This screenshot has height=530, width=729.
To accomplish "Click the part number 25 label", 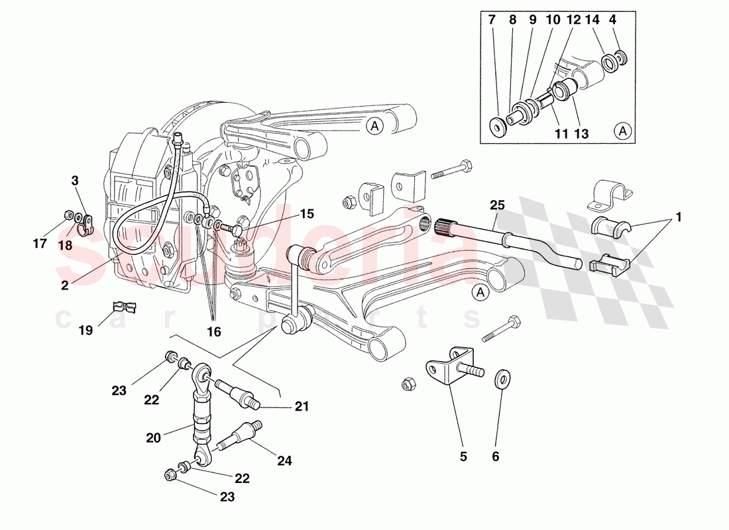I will click(497, 205).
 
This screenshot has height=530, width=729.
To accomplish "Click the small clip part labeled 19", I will click(124, 307).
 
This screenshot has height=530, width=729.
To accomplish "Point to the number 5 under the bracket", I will click(463, 456).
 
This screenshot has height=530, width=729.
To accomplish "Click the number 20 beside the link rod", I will click(153, 438).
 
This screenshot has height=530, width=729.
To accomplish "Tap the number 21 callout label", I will click(303, 407).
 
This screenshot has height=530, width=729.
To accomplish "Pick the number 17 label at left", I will click(40, 244).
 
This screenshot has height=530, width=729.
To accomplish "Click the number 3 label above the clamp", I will click(75, 180).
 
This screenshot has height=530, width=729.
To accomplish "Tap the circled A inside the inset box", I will click(624, 131).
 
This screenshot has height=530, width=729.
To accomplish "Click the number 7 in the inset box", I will click(492, 21).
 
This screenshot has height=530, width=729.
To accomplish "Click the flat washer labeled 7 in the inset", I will click(496, 125).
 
